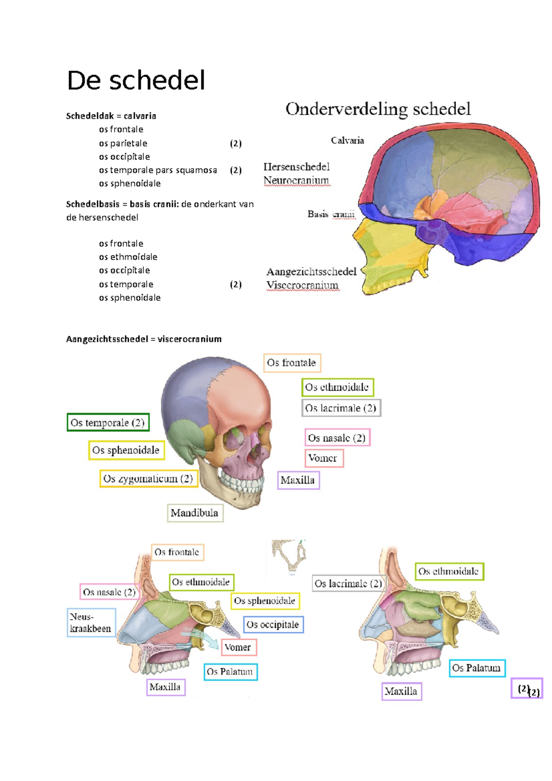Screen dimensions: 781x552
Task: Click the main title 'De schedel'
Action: tap(136, 81)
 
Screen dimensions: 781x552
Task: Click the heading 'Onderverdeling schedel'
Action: tap(378, 109)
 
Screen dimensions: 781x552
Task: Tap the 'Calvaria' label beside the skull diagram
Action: tap(347, 141)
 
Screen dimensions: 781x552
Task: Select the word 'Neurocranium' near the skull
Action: tap(296, 180)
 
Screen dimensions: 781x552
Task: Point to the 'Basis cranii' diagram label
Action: tap(331, 214)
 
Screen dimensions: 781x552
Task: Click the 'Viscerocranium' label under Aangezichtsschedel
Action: tap(302, 285)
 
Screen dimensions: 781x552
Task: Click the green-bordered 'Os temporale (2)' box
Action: tap(108, 423)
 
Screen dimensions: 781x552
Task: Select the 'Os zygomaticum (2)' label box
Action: tap(149, 479)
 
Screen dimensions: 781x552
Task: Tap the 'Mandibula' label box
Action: tap(195, 513)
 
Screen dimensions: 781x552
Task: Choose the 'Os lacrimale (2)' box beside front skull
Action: tap(341, 408)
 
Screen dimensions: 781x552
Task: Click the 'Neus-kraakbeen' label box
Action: tap(91, 623)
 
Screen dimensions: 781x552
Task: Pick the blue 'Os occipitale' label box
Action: tap(273, 625)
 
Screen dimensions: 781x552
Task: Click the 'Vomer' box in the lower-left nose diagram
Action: tap(238, 648)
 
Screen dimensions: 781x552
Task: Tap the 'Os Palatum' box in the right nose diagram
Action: tap(477, 668)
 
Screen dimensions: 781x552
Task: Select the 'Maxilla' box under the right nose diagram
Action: tap(401, 691)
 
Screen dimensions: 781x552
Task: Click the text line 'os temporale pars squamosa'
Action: tap(158, 170)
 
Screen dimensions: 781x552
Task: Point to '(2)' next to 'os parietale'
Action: tap(236, 144)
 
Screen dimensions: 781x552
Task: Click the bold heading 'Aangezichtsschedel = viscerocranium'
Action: tap(144, 339)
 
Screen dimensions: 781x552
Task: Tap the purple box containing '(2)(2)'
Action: tap(527, 689)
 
